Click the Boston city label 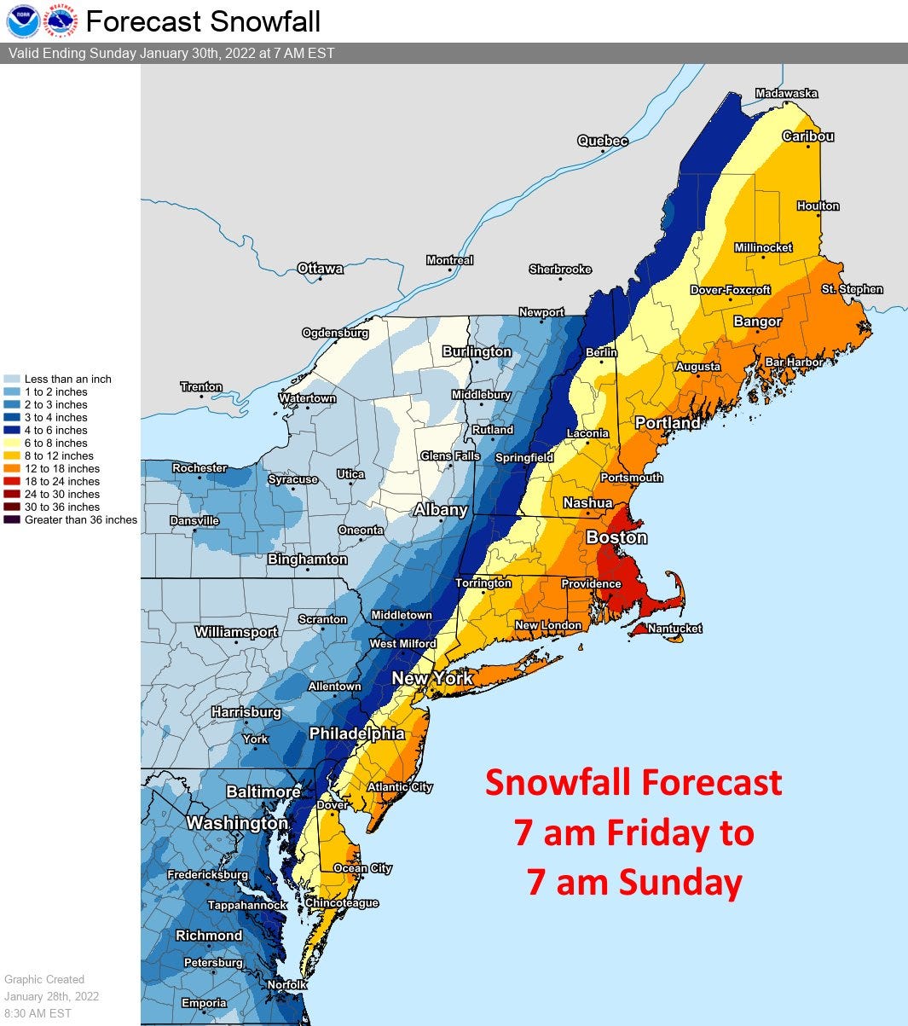(616, 537)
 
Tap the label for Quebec (603, 141)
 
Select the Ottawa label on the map (321, 269)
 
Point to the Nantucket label (674, 629)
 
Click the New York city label (432, 679)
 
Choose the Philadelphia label (356, 733)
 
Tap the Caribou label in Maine (808, 136)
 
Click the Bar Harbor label (794, 362)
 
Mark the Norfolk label (286, 984)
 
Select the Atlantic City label (400, 787)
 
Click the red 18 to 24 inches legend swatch (12, 482)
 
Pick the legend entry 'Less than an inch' (67, 380)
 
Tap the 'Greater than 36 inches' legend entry (80, 520)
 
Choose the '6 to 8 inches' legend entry (55, 443)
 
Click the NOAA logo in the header (22, 21)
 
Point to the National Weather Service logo (61, 21)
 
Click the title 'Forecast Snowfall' (204, 21)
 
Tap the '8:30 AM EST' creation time (38, 1013)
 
